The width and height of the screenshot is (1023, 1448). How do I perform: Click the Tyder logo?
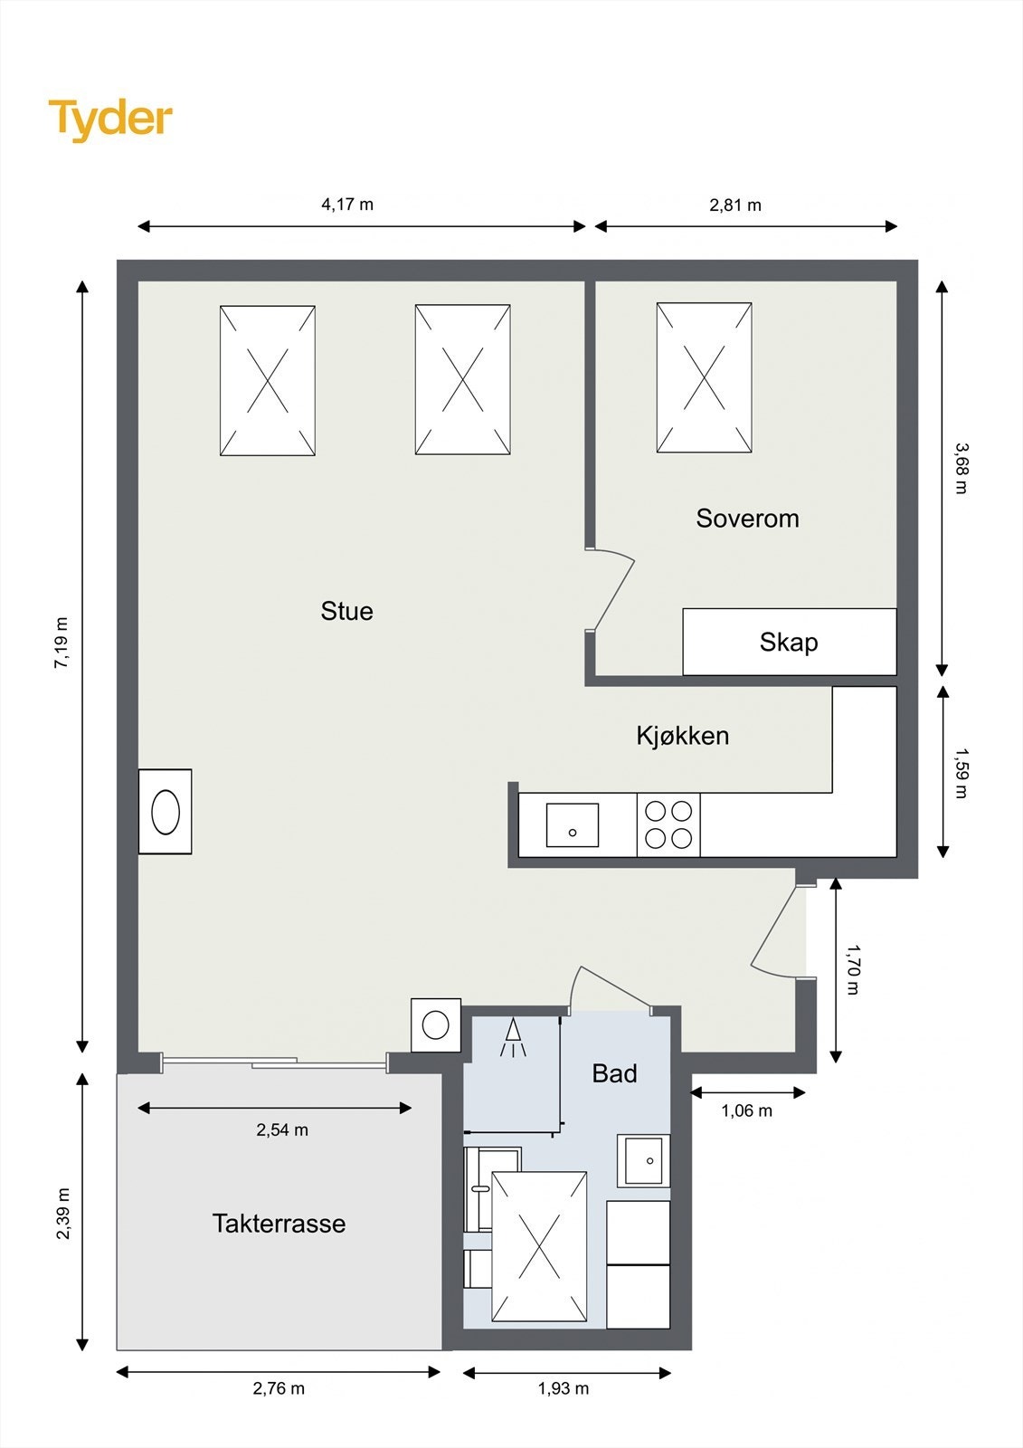110,119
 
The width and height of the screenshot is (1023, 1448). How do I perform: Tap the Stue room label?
346,611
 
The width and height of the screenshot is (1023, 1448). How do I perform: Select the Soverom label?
747,519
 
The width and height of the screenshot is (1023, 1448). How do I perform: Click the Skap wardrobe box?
789,642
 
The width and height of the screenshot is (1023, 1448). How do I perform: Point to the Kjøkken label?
682,735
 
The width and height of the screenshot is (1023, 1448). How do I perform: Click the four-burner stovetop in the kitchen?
668,824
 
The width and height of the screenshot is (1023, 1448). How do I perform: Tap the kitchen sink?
572,825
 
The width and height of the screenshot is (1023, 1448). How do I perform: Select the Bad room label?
614,1073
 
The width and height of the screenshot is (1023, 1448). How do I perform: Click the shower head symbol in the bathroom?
513,1037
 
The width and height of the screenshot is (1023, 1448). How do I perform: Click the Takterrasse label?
279,1224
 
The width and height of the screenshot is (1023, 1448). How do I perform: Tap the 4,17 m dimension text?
347,205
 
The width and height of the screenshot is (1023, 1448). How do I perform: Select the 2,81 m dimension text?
735,205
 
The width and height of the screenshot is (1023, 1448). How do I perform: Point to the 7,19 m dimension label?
62,643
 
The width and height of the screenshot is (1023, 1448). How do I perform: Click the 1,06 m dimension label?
746,1110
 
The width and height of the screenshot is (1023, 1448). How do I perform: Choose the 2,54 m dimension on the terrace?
282,1129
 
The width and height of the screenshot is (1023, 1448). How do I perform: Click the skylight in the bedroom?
704,377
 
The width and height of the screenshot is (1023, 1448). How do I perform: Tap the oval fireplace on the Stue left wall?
166,812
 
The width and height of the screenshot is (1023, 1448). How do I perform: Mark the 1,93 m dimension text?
563,1388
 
